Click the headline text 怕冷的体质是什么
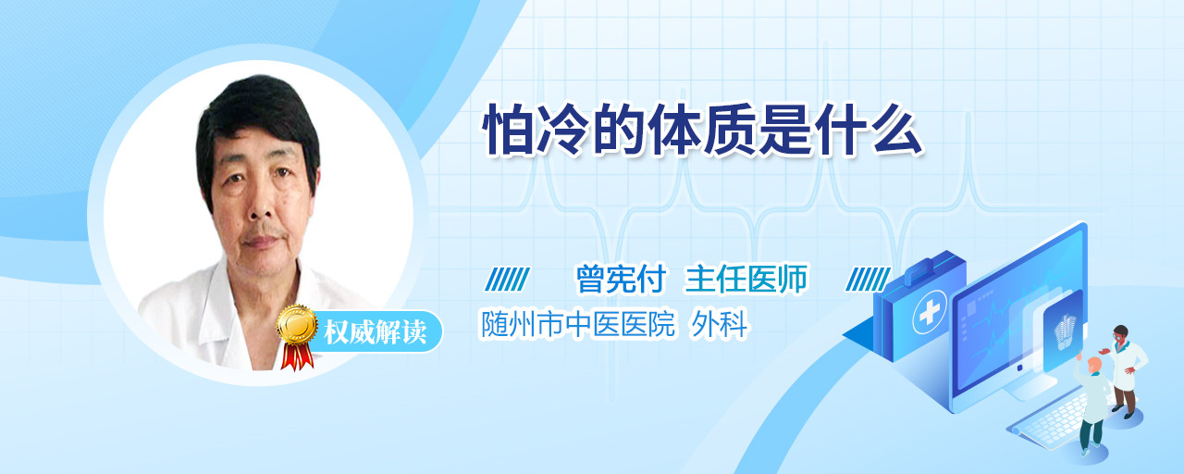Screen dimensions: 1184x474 click(x=702, y=131)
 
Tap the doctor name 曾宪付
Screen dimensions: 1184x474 click(x=621, y=279)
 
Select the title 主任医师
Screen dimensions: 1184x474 click(x=746, y=279)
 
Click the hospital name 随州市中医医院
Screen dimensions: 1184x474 click(x=577, y=324)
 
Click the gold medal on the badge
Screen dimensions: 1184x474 click(x=297, y=324)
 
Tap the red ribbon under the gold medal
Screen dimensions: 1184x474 click(x=297, y=356)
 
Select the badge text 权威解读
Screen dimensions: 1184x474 click(x=376, y=332)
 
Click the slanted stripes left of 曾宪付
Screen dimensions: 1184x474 click(x=508, y=280)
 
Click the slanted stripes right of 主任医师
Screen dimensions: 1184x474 click(x=868, y=280)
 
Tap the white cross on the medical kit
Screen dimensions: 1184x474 click(x=930, y=312)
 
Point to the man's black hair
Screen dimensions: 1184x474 click(x=256, y=116)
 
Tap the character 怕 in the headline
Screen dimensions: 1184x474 click(x=508, y=131)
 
